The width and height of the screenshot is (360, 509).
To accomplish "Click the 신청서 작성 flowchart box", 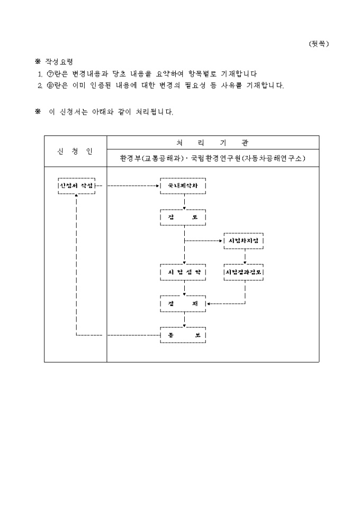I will coord(77,186).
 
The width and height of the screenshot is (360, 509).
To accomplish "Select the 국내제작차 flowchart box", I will coord(183,186).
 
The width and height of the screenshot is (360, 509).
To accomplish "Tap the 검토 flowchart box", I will coord(183,217).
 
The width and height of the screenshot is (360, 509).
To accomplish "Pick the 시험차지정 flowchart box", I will coord(244,241).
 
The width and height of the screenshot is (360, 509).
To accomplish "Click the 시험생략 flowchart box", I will coord(183,272).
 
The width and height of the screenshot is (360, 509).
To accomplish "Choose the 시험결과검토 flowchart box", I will coord(244,272).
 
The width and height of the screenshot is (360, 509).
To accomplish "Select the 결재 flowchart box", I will coord(183,304).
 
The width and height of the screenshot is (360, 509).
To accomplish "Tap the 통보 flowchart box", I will coord(183,335).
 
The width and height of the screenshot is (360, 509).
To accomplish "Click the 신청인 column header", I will coord(75,151).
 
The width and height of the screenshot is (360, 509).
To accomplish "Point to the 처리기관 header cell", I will coord(213,143).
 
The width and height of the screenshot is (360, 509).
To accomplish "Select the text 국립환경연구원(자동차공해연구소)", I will coord(248,158).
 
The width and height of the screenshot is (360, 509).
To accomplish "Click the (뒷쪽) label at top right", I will coord(318,44).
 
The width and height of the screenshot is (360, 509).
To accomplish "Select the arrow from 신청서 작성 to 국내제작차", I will coord(130,186).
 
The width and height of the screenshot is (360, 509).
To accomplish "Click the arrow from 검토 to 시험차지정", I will coord(204,241).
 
